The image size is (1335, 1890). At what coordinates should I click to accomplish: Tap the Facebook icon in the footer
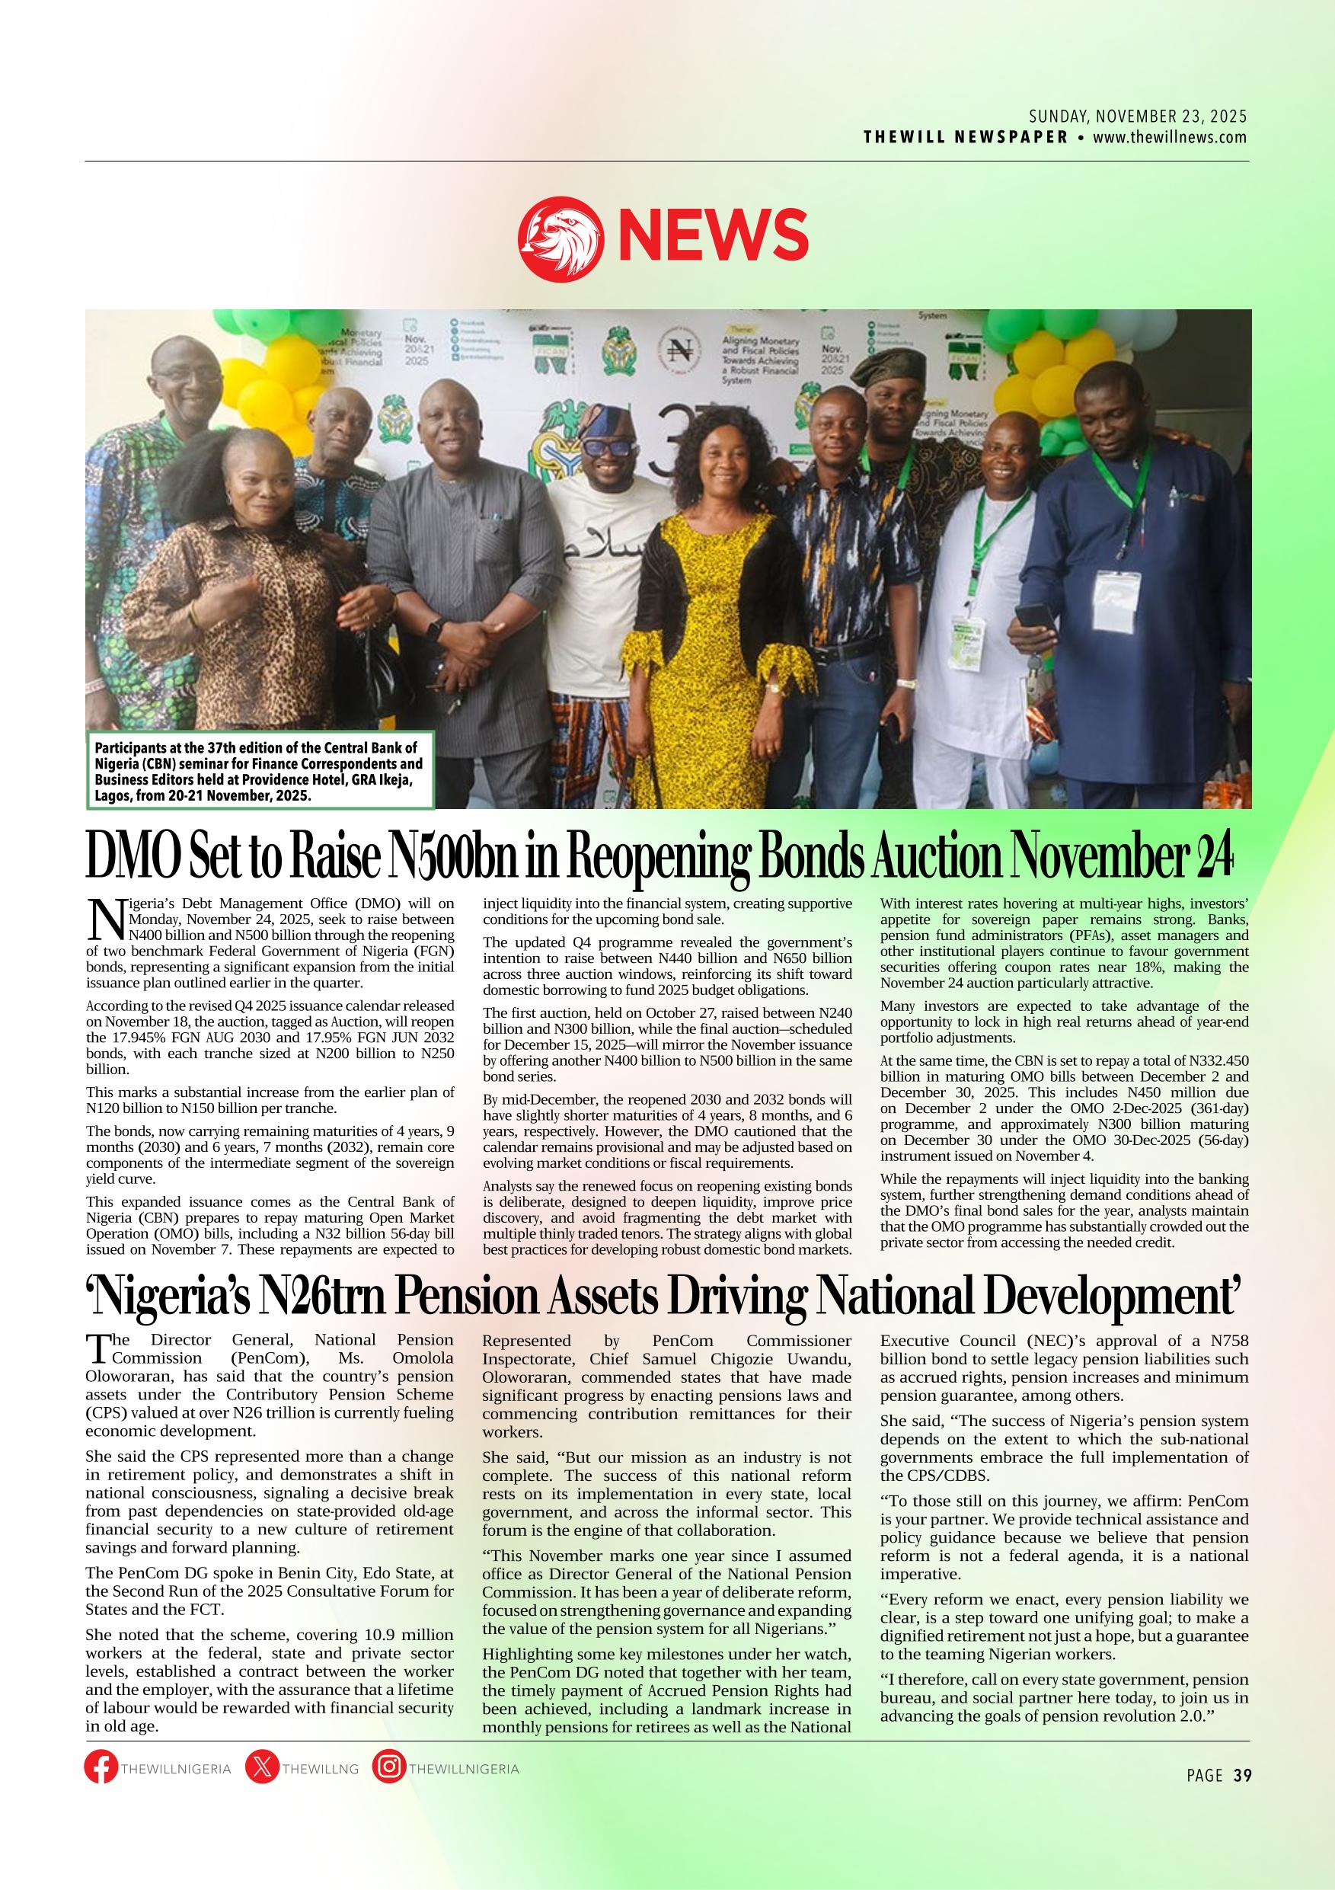tap(101, 1767)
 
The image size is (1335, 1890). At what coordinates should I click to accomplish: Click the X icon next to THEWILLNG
tap(262, 1767)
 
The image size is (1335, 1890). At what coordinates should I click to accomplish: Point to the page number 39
tap(1242, 1776)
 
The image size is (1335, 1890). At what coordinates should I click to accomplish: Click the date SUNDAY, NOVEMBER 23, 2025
tap(1138, 117)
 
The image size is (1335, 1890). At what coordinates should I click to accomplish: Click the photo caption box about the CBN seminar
tap(260, 772)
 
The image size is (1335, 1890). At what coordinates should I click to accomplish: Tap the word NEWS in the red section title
tap(713, 233)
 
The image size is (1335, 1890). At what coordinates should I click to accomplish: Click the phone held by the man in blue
tap(1030, 616)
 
